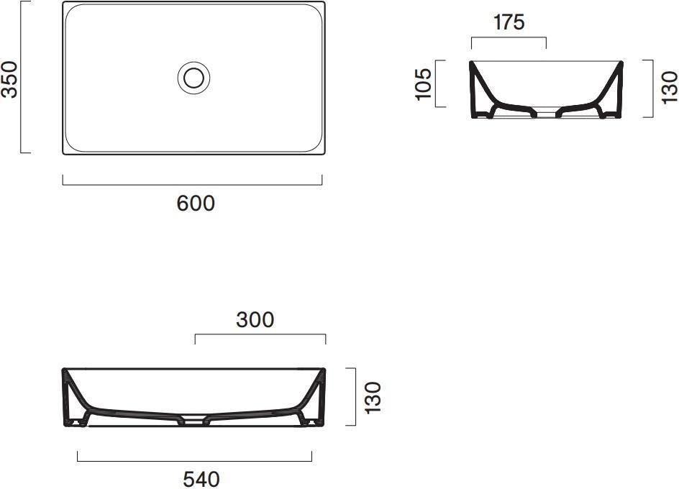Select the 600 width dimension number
196,204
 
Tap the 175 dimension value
509,22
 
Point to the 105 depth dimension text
424,83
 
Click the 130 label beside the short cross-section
669,87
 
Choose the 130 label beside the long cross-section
373,397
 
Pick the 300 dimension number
255,319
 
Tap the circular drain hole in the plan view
193,77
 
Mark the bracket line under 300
260,334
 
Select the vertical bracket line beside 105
436,83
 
